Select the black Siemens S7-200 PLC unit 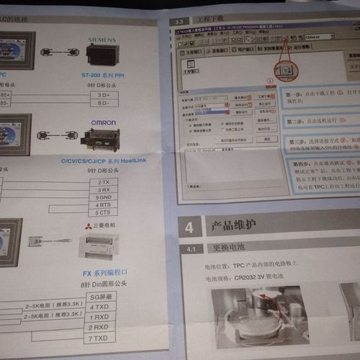[x=103, y=55]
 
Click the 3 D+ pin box [x=104, y=95]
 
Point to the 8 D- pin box [x=104, y=103]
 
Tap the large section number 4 [x=189, y=228]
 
